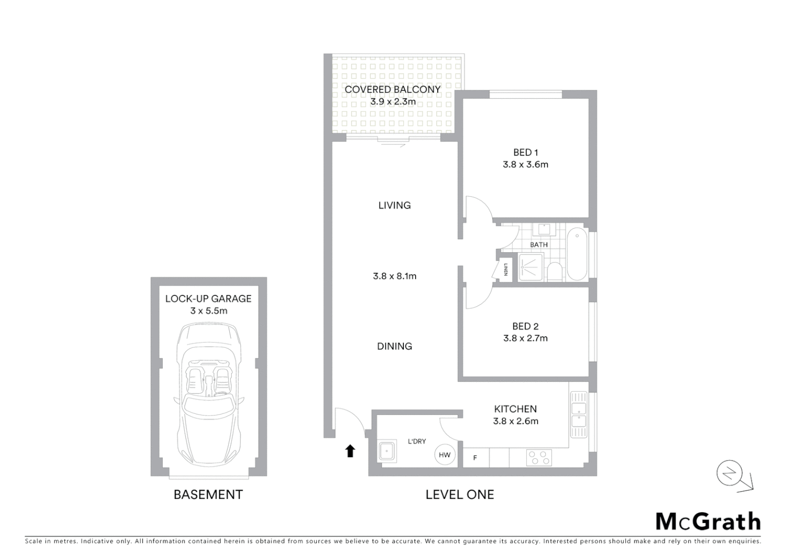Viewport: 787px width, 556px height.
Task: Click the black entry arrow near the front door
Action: pyautogui.click(x=350, y=451)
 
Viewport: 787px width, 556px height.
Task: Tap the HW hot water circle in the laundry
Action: pyautogui.click(x=444, y=455)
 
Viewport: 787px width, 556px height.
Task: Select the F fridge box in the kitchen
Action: pyautogui.click(x=475, y=457)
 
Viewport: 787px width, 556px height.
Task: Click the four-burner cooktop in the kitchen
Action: pyautogui.click(x=539, y=457)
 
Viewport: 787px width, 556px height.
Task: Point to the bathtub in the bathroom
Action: pyautogui.click(x=577, y=254)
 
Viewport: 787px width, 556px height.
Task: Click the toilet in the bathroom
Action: pyautogui.click(x=555, y=271)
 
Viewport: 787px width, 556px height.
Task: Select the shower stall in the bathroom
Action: pyautogui.click(x=531, y=268)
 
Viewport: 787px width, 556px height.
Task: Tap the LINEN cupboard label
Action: pyautogui.click(x=506, y=270)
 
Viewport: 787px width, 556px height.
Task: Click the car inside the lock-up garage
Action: pyautogui.click(x=209, y=394)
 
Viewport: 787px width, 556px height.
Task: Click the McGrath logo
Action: pyautogui.click(x=708, y=522)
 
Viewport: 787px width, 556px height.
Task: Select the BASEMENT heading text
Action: pyautogui.click(x=208, y=495)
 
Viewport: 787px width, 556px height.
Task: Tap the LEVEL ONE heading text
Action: pyautogui.click(x=459, y=495)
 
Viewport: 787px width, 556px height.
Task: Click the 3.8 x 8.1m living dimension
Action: pyautogui.click(x=395, y=276)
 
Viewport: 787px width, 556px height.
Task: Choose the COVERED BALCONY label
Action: pyautogui.click(x=392, y=90)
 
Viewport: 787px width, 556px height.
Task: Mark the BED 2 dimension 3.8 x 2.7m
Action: pyautogui.click(x=525, y=338)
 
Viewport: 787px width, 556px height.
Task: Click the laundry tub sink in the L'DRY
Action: pyautogui.click(x=386, y=451)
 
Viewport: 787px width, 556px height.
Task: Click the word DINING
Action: pyautogui.click(x=395, y=346)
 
